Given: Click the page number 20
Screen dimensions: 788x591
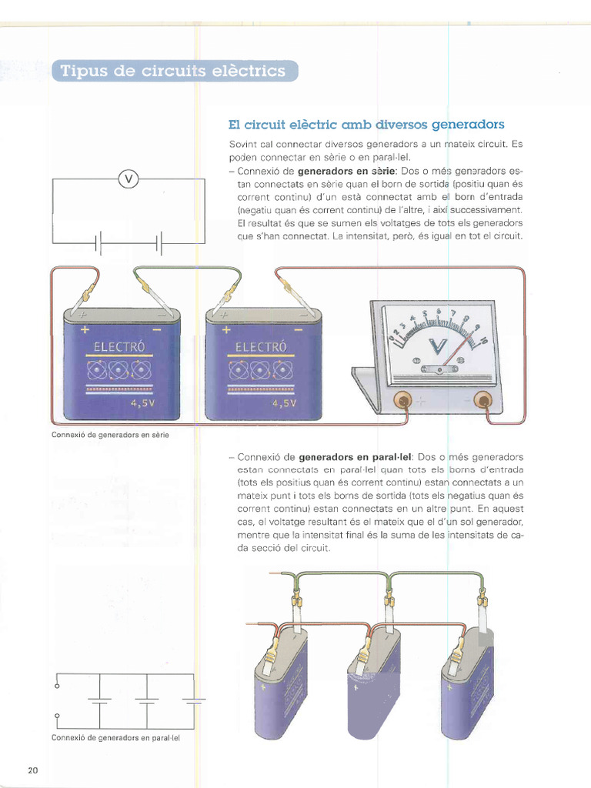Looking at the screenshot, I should pos(32,771).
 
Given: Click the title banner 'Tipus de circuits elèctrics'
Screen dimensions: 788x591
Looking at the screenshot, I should pos(173,72).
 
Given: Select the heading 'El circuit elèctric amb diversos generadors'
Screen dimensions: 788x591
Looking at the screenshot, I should pos(366,124).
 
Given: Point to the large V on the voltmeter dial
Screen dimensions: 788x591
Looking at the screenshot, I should pos(436,349).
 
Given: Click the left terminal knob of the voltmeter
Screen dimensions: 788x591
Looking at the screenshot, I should pos(402,400).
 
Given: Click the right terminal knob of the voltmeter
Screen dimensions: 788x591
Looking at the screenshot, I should pos(482,399).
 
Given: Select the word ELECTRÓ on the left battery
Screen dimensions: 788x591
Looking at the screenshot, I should pos(119,347).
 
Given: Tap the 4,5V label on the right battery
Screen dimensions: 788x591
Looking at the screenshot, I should pos(285,402).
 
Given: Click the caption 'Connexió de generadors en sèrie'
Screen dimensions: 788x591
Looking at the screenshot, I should pos(110,434).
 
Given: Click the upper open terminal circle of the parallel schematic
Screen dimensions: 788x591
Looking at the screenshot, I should pos(57,686).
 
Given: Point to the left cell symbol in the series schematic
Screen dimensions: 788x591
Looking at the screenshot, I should pos(98,243).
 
